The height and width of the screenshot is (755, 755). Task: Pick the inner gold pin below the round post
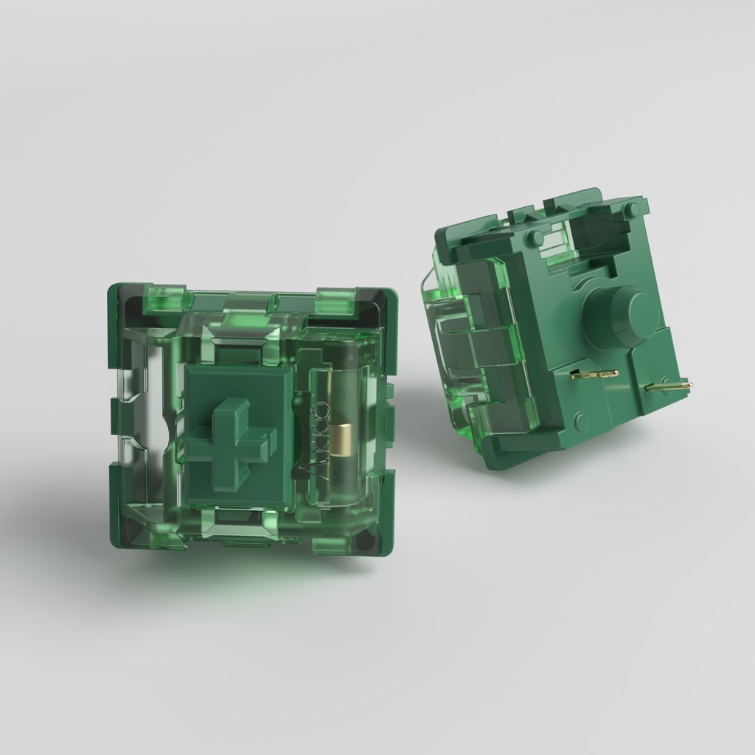point(594,375)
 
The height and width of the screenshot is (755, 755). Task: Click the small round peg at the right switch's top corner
point(631,210)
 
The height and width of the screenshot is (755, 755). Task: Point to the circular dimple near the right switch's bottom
point(581,422)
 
